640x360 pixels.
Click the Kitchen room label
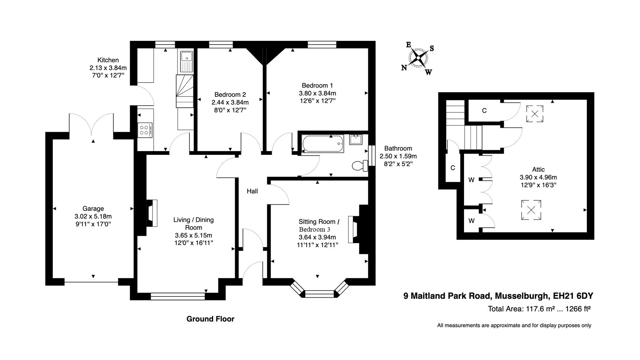(x=108, y=60)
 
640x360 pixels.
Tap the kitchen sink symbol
(x=186, y=61)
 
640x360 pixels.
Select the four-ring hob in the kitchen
(x=144, y=130)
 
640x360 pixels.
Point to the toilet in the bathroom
(x=359, y=166)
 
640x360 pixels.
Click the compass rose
(x=419, y=58)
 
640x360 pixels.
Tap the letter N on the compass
(x=404, y=68)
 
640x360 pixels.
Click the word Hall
(x=252, y=191)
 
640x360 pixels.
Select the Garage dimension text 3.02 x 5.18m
(x=93, y=216)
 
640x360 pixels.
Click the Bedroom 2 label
(x=230, y=95)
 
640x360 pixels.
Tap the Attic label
(x=538, y=170)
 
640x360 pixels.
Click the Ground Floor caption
(x=210, y=319)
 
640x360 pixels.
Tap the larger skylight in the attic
(x=531, y=210)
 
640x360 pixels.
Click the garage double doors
(x=91, y=124)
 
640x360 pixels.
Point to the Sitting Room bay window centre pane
(x=320, y=294)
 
